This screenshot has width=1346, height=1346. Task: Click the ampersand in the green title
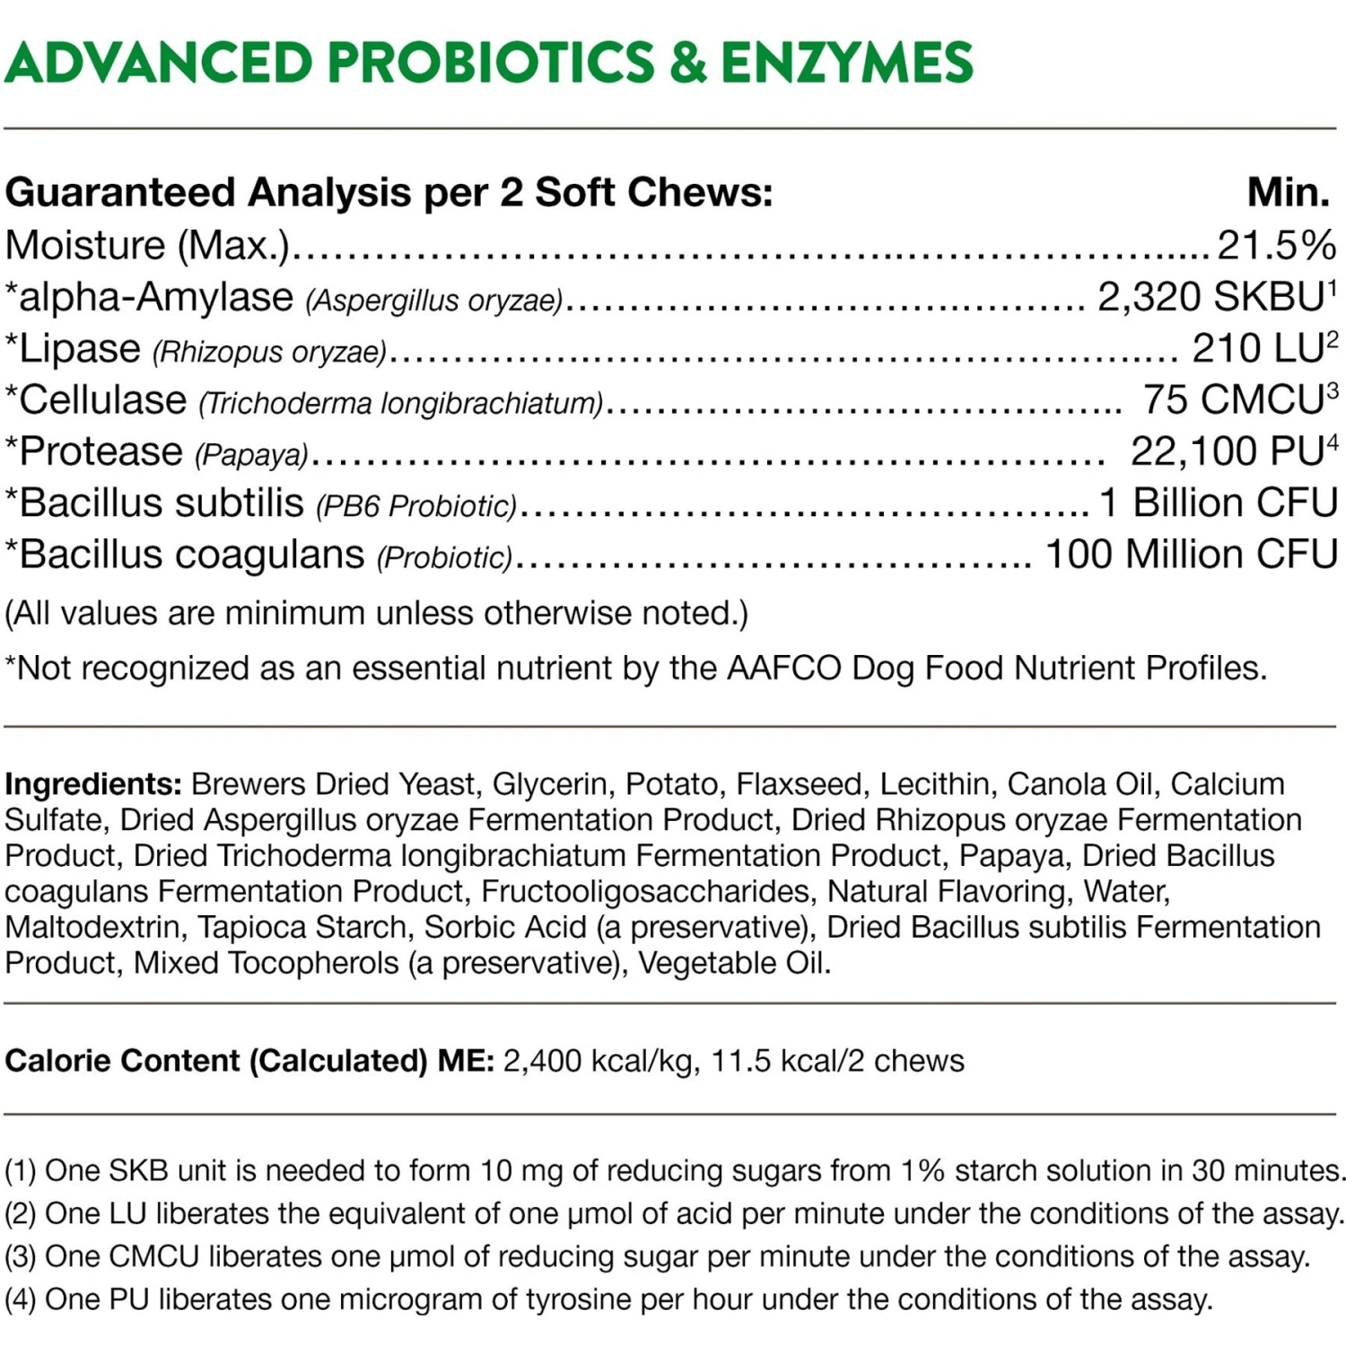687,62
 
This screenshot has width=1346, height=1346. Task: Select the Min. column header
1289,192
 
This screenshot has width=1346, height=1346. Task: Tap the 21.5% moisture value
1276,245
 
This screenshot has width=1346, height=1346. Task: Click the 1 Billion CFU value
1219,503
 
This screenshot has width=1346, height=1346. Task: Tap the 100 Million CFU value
1192,555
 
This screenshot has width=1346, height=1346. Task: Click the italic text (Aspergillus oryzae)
434,301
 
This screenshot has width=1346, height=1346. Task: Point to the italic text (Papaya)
252,455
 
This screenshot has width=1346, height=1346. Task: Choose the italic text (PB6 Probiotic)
416,506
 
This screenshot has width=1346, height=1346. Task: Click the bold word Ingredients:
93,784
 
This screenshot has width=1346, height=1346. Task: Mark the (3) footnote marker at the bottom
20,1257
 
